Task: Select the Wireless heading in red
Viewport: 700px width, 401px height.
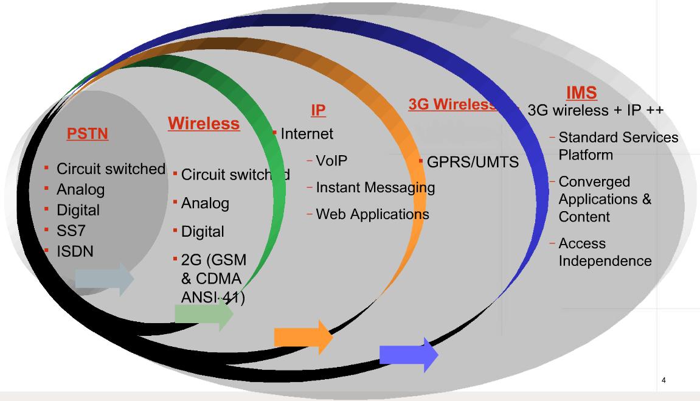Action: pos(204,124)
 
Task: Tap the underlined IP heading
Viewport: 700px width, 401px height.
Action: pos(318,110)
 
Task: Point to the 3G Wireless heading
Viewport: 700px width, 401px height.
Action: pos(452,105)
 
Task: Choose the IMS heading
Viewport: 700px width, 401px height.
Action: pos(581,93)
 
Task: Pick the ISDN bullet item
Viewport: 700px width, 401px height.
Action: pos(75,250)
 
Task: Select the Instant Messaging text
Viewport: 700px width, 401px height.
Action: pos(375,187)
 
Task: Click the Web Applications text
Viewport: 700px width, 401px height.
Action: pos(372,214)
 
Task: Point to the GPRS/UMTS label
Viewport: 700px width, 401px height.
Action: pos(473,162)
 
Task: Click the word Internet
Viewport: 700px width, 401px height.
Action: pos(307,133)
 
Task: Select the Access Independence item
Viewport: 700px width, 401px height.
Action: pos(605,252)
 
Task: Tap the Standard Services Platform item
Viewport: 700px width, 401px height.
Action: pos(618,146)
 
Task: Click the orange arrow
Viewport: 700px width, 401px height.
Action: pos(303,336)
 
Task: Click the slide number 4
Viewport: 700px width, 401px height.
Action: pos(664,380)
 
